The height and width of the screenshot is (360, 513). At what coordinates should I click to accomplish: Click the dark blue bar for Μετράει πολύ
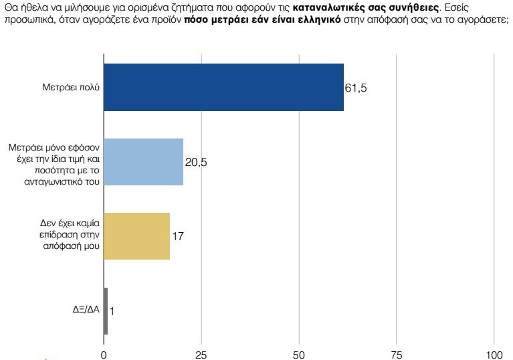224,87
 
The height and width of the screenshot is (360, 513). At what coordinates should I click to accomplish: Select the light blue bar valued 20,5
144,162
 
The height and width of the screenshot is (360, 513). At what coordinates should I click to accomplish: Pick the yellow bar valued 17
137,236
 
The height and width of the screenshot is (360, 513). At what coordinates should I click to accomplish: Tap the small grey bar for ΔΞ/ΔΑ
106,311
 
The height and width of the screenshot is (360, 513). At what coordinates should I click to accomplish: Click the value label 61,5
356,88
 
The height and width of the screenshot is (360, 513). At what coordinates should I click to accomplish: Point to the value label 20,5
196,163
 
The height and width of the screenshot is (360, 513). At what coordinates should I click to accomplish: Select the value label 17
178,236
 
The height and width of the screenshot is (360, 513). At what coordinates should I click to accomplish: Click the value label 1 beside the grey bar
112,312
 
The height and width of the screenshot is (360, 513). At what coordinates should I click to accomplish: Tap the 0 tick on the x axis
104,353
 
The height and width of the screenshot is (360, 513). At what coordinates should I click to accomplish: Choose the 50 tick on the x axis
299,353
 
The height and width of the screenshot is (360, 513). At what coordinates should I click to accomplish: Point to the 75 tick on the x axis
397,353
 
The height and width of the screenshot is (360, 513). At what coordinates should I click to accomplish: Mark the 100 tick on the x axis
494,353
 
